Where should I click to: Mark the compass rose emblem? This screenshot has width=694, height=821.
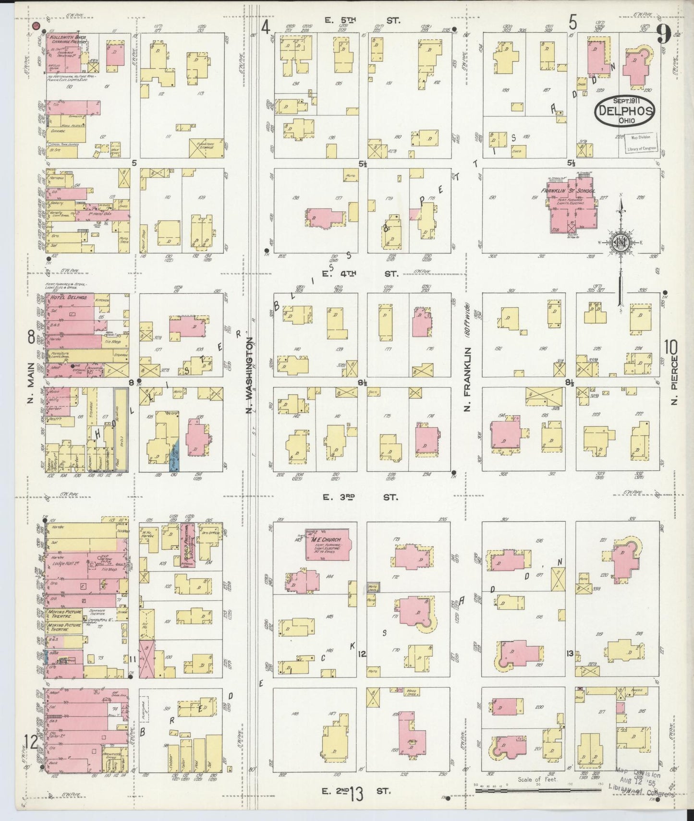(620, 243)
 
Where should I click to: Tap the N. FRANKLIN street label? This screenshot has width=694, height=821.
(467, 379)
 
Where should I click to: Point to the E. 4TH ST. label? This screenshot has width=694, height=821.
(361, 274)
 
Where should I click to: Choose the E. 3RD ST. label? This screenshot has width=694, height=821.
(360, 497)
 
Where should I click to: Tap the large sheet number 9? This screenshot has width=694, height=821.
(665, 34)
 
